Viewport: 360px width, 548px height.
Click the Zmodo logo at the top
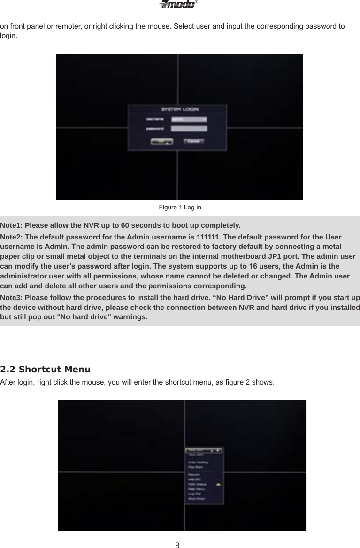pyautogui.click(x=177, y=5)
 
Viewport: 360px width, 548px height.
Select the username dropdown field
pyautogui.click(x=189, y=119)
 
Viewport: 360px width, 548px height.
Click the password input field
pyautogui.click(x=189, y=128)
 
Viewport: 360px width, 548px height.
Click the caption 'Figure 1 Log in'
pyautogui.click(x=180, y=207)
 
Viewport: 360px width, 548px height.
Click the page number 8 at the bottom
pyautogui.click(x=177, y=545)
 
